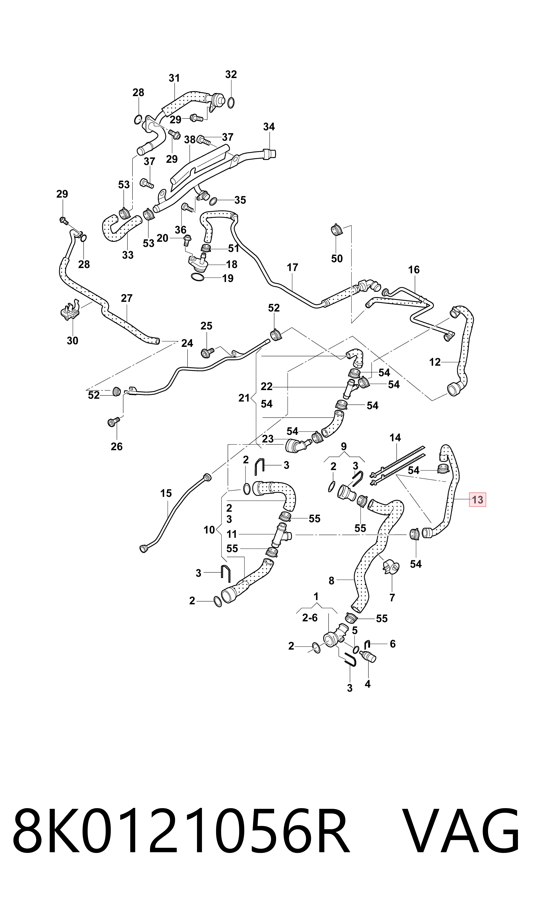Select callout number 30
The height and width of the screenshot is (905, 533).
click(73, 340)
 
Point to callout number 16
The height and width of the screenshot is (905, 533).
click(414, 269)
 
